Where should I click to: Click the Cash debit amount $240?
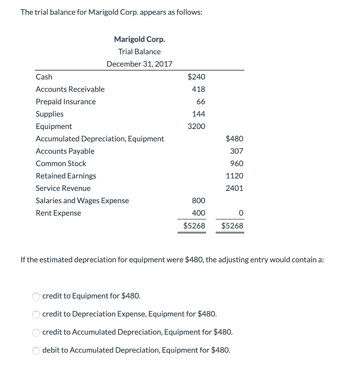196,77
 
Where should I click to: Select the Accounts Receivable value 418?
198,89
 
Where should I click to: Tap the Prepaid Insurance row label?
66,102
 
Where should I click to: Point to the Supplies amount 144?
198,114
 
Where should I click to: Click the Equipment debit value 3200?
196,127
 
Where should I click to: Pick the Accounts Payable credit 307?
236,151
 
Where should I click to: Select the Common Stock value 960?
236,163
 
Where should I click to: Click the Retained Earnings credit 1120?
235,176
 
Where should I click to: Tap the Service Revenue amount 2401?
235,188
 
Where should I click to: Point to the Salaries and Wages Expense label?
82,201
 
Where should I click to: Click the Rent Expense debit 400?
198,213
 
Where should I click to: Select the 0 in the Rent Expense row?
241,213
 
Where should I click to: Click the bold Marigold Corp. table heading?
139,39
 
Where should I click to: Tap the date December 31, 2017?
139,64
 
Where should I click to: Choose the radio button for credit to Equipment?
36,296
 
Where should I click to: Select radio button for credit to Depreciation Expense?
36,314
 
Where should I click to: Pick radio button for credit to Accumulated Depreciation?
36,332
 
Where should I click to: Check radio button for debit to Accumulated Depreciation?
36,350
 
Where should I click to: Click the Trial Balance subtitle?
139,52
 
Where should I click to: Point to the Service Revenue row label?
63,189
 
